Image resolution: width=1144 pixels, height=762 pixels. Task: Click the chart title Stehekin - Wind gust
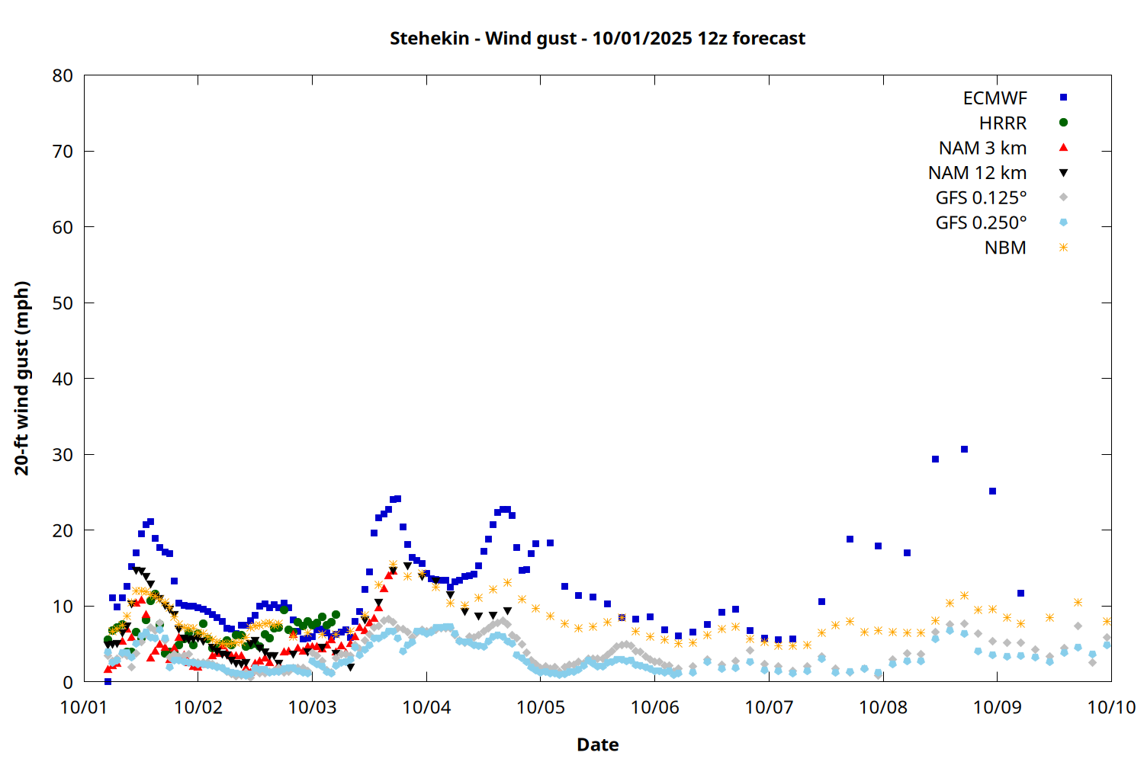[597, 38]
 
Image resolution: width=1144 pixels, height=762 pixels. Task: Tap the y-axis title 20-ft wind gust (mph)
[22, 378]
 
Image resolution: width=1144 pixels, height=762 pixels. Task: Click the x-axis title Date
[597, 744]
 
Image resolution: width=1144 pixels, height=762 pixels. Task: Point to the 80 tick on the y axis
[63, 75]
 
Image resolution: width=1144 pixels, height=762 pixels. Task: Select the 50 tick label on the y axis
[63, 303]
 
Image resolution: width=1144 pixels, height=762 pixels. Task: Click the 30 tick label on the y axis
[63, 454]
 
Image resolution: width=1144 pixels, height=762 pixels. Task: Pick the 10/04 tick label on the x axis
[426, 707]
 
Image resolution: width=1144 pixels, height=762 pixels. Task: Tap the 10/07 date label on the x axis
[769, 707]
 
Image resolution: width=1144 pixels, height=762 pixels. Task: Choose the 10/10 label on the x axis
[1111, 707]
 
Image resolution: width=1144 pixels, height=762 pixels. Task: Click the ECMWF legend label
[995, 98]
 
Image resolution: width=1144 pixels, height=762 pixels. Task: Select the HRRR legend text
[1003, 123]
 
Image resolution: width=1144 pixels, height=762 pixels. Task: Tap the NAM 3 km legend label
[982, 148]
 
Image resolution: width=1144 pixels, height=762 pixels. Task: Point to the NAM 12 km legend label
[977, 173]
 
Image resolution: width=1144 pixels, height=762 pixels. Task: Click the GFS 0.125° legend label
[981, 198]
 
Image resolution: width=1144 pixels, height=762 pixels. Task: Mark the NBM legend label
[1005, 248]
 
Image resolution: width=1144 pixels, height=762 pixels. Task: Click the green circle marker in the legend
[1063, 123]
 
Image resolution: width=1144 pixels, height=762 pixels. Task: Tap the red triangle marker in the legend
[1063, 148]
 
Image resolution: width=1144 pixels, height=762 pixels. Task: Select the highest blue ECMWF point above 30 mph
[964, 450]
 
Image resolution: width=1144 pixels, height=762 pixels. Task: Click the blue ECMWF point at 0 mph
[108, 681]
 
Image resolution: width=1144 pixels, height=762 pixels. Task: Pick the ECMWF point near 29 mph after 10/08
[935, 459]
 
